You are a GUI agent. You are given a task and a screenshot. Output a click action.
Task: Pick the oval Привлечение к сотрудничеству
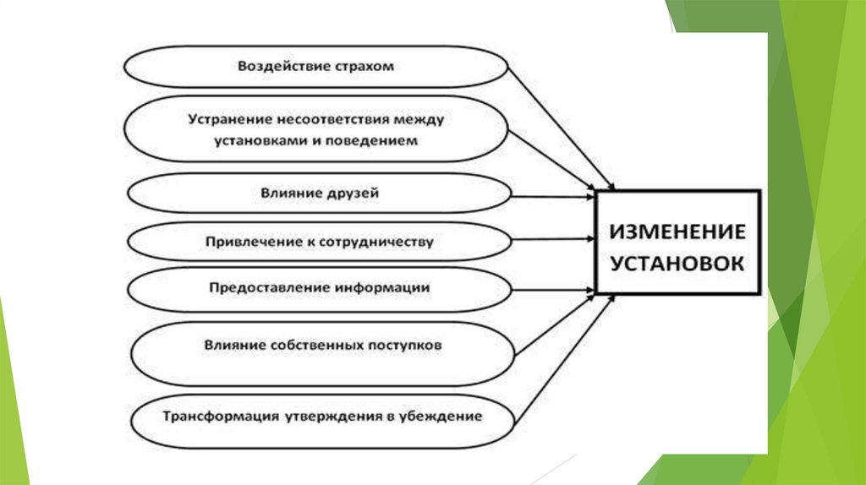coord(319,243)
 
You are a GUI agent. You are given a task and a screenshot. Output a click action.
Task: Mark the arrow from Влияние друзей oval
coord(554,196)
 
